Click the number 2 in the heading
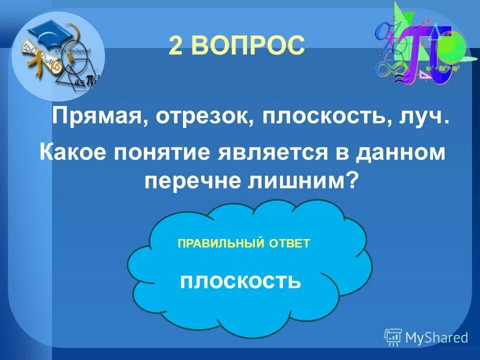tap(175, 46)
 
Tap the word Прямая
tap(99, 118)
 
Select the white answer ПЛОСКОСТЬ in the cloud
tap(240, 281)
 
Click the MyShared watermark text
tap(437, 337)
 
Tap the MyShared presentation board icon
tap(393, 337)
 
